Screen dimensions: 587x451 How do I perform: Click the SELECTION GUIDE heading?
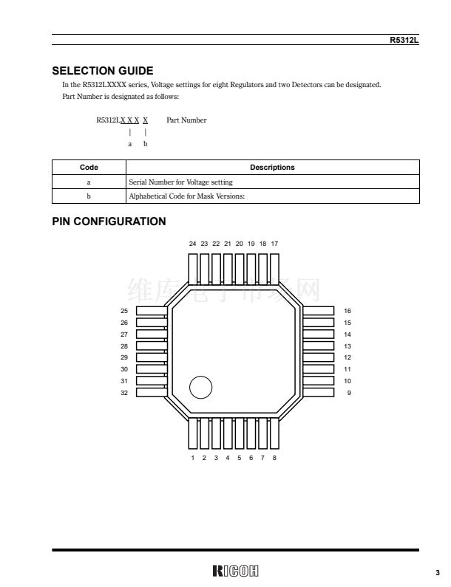pos(103,71)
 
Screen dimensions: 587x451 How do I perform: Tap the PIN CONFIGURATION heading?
pos(109,221)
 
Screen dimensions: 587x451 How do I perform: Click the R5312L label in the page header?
pos(404,40)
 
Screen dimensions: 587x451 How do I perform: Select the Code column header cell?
pos(89,168)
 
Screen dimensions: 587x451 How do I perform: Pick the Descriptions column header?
pos(272,168)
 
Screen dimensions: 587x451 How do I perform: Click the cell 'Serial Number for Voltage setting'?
pos(180,182)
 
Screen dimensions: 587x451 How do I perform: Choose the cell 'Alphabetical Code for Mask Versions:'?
pos(186,196)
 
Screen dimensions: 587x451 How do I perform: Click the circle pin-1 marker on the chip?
pos(201,387)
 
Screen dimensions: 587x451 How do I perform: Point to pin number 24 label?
pos(192,243)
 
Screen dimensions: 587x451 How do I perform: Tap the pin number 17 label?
pos(274,243)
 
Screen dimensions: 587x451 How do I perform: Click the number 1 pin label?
pos(193,458)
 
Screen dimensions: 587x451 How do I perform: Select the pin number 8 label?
pos(274,458)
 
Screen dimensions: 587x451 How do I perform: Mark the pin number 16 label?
pos(347,311)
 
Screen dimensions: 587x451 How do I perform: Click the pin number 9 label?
pos(349,393)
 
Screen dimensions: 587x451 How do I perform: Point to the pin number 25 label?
pos(124,311)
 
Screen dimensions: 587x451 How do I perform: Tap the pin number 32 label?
pos(124,393)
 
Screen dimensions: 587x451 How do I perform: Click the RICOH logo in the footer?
pos(235,571)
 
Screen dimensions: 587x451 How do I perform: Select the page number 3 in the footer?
pos(437,572)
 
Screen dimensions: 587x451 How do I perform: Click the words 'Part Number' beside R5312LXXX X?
pos(186,120)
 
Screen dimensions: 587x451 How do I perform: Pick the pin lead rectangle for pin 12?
pos(319,357)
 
